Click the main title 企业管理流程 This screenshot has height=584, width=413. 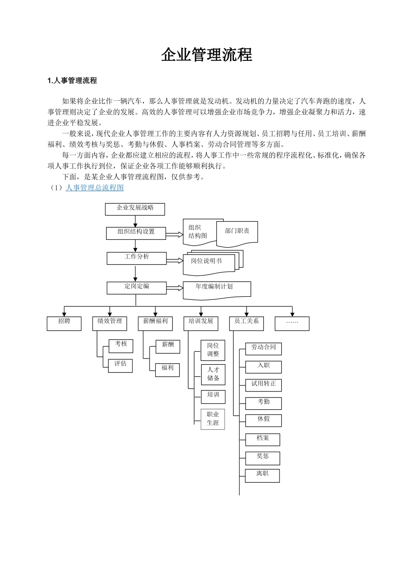coord(206,55)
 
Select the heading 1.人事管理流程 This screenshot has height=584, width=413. coord(72,80)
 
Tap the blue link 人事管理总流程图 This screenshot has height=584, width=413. coord(94,188)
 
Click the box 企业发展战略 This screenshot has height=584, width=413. coord(135,209)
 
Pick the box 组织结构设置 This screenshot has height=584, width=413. coord(136,232)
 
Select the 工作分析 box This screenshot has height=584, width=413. coord(137,258)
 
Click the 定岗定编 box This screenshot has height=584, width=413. coord(137,287)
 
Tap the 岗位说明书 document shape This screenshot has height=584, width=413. coord(207,262)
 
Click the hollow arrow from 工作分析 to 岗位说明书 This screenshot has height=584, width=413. coord(175,261)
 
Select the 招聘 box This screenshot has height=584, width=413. coord(64,323)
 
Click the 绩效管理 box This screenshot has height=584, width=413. coord(110,323)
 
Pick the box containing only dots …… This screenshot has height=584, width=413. coord(292,323)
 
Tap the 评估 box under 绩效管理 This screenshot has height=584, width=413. coord(120,365)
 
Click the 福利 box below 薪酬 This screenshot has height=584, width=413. coord(167,369)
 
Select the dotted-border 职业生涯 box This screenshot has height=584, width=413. coord(213,419)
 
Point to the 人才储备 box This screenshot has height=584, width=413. coord(213,374)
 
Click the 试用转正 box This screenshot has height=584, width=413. coord(263,385)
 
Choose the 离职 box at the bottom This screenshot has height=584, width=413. coord(262,475)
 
